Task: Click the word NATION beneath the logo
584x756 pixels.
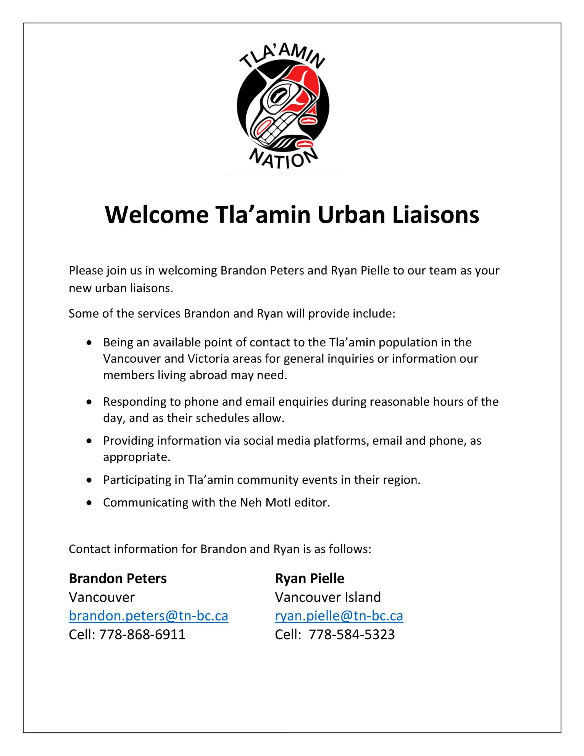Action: [x=283, y=158]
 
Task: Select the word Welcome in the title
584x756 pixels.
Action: [x=156, y=215]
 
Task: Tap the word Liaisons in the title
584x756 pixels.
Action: [x=436, y=215]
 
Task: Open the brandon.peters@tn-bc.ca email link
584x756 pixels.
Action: [x=148, y=616]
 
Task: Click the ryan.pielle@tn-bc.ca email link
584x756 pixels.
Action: [x=339, y=616]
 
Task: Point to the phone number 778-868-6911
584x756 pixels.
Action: [x=142, y=635]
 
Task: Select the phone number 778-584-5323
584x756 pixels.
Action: [x=352, y=635]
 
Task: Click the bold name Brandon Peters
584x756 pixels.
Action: [x=118, y=578]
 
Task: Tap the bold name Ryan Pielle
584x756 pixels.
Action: [x=309, y=578]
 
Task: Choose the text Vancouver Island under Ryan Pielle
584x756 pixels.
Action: [x=327, y=597]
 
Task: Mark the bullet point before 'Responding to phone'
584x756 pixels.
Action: [x=89, y=402]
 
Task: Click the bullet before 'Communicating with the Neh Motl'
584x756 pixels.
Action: [x=89, y=503]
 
